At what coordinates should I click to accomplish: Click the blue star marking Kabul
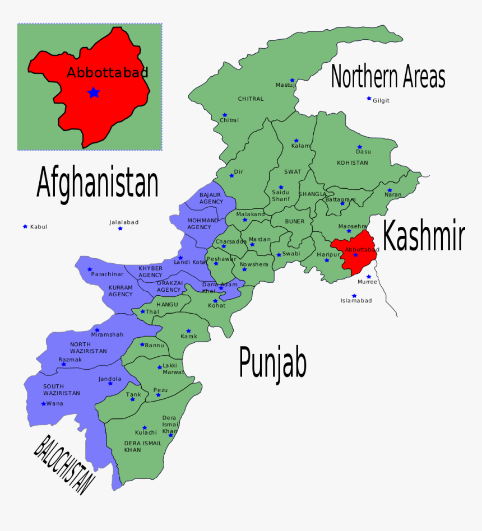25,226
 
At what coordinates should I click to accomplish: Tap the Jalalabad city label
123,222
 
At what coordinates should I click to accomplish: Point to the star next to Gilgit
369,99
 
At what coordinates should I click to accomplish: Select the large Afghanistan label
97,183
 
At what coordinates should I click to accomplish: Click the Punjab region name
272,362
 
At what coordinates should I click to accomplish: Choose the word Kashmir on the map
424,236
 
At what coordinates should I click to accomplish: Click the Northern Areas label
388,77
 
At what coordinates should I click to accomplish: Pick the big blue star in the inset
94,92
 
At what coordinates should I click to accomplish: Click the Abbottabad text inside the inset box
107,72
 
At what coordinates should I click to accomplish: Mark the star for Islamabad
354,296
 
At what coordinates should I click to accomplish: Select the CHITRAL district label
251,99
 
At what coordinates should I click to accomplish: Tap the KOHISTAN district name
353,163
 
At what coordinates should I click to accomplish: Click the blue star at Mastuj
292,80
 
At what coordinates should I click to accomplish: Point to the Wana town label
55,404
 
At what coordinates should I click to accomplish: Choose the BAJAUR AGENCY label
211,198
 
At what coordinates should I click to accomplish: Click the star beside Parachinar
90,269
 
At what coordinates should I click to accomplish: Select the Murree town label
367,282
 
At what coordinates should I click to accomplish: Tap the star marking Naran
390,190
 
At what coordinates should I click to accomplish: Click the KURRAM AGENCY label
121,291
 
